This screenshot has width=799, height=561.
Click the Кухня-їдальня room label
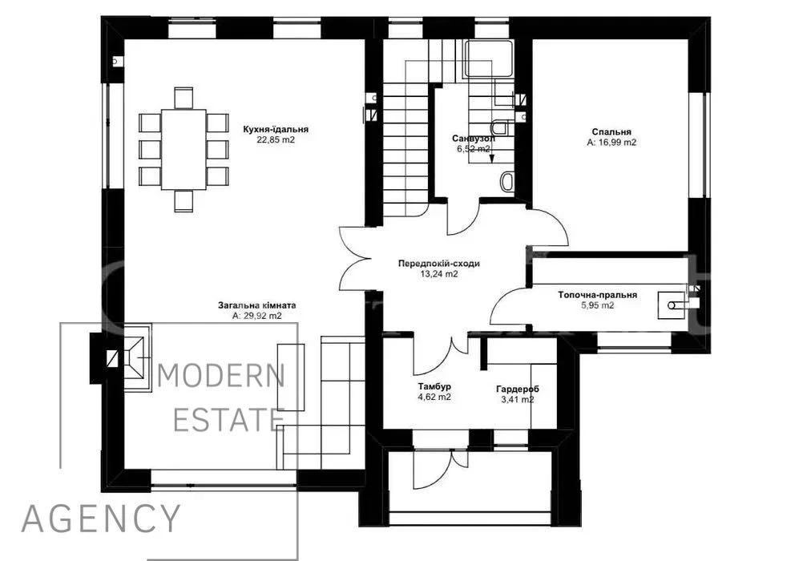coord(276,129)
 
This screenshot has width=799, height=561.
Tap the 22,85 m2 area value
coord(276,139)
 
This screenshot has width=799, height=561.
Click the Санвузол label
coord(474,139)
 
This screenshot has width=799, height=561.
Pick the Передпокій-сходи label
coord(438,264)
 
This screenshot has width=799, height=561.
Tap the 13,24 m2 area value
coord(438,274)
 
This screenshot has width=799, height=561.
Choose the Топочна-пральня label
coord(597,295)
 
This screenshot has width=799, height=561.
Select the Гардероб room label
coord(517,389)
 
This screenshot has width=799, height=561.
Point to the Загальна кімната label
coord(256,305)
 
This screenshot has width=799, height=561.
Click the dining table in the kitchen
coord(184,150)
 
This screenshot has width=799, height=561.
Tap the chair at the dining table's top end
coord(184,98)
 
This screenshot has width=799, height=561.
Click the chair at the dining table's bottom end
coord(184,201)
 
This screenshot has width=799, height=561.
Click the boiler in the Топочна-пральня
coord(672,305)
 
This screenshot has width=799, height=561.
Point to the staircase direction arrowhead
coord(492,158)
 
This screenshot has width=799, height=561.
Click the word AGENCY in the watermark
coord(101,519)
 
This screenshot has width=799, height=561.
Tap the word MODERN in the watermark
coord(220,376)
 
